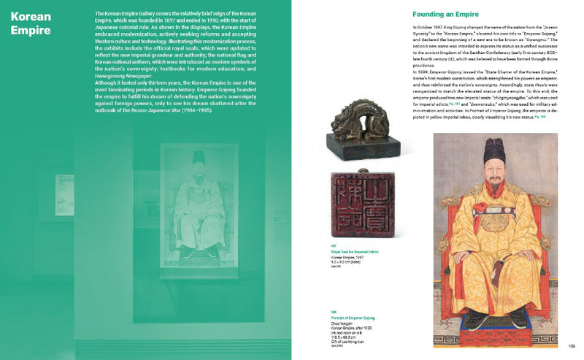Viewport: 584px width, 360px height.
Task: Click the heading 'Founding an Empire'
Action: click(x=446, y=14)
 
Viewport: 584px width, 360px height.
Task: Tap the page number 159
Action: click(x=571, y=346)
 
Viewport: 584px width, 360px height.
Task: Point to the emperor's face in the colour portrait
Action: click(x=494, y=175)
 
